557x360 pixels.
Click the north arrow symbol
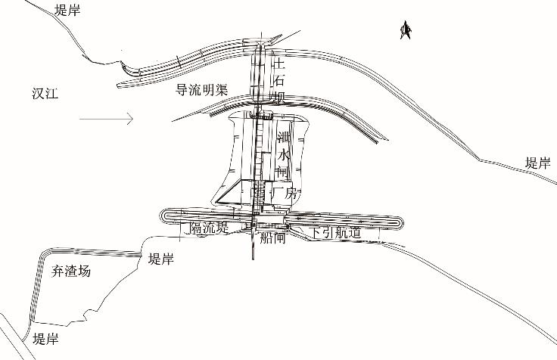405,29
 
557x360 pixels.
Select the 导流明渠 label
201,89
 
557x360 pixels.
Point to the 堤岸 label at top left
68,10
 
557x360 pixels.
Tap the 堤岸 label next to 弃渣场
160,259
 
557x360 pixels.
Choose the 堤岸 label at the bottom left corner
45,339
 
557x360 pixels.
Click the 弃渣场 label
71,271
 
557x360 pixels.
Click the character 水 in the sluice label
284,155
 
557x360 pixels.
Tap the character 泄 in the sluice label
284,138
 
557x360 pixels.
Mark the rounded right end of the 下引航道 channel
400,224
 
